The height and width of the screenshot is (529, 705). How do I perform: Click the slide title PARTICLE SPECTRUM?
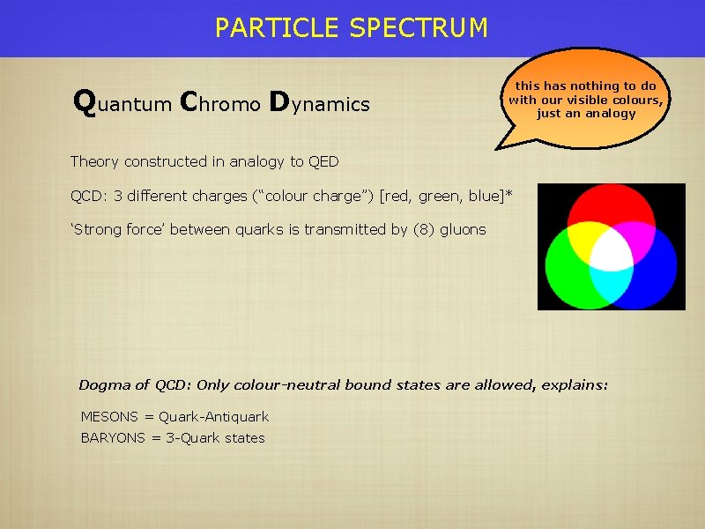[x=351, y=28]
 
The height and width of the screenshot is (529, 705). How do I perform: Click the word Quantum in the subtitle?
[x=122, y=104]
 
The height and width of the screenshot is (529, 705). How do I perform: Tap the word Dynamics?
[x=319, y=104]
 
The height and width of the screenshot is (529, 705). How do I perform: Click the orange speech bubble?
[x=585, y=98]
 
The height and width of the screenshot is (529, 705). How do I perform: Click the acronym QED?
[x=323, y=161]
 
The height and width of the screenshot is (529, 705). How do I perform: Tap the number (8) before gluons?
[x=424, y=229]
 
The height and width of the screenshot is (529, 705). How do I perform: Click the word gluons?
[x=464, y=229]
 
